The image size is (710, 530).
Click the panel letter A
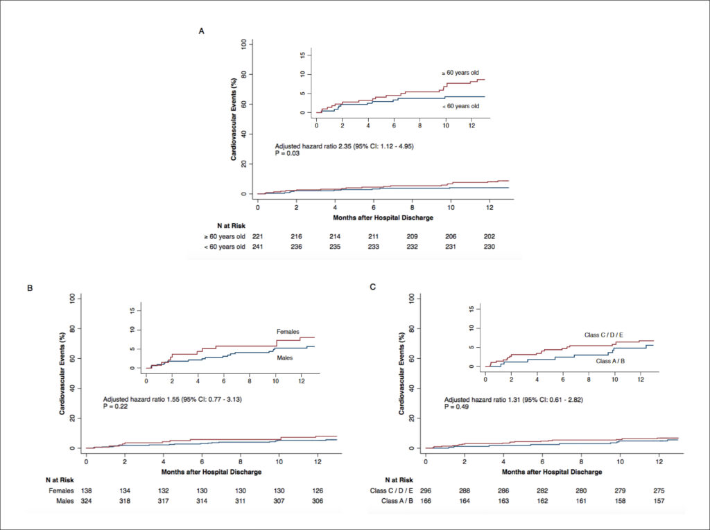click(202, 31)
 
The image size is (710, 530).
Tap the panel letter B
click(31, 288)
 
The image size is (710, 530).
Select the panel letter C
click(372, 287)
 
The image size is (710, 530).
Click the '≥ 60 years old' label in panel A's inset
click(460, 73)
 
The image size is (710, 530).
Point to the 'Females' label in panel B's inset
click(288, 332)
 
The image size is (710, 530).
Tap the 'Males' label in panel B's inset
click(285, 358)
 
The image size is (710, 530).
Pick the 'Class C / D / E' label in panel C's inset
click(604, 335)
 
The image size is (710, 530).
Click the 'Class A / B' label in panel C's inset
click(610, 361)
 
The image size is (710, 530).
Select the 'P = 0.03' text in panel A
click(288, 153)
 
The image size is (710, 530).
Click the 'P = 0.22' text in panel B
click(116, 407)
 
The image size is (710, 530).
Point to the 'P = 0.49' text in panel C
click(456, 407)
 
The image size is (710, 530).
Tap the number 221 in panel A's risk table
click(258, 236)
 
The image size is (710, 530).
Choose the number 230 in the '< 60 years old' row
click(489, 247)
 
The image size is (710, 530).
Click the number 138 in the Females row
click(87, 491)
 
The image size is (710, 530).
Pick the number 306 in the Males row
click(318, 501)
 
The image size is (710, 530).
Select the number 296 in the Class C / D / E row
click(426, 491)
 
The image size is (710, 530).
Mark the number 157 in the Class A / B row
click(659, 501)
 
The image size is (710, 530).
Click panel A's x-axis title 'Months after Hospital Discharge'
click(383, 218)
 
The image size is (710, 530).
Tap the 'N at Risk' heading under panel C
click(399, 479)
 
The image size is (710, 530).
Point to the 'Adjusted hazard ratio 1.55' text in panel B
click(141, 400)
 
